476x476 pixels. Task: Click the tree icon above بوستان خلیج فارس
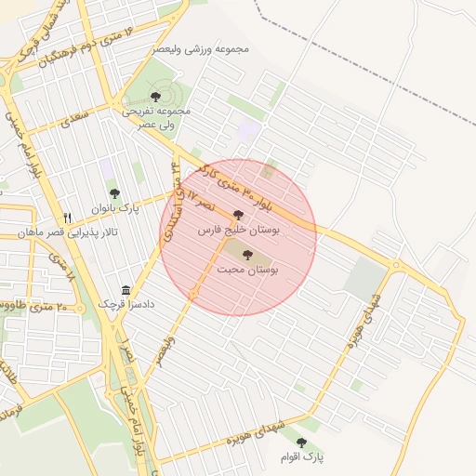[x=238, y=214]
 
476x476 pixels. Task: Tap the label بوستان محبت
[x=248, y=269]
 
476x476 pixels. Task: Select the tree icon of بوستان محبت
[x=247, y=255]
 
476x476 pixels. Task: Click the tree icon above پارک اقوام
[x=300, y=443]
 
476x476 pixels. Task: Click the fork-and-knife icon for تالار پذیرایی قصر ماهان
[x=67, y=217]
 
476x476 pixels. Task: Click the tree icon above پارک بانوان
[x=114, y=193]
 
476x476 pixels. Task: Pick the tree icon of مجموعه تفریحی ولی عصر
[x=155, y=96]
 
